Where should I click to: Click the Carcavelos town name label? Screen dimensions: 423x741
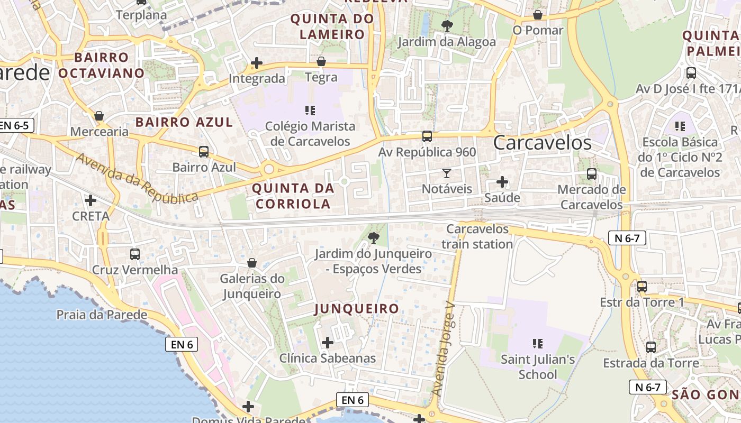(x=542, y=143)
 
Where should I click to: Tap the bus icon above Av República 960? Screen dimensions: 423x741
(x=427, y=136)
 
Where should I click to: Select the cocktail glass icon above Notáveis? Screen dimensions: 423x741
(x=446, y=173)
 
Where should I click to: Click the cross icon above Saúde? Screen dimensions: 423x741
(x=502, y=182)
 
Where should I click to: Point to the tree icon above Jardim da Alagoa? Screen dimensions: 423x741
(x=447, y=25)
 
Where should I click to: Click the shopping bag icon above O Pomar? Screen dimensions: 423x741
(x=538, y=15)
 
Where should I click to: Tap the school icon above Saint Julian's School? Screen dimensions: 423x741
(x=538, y=344)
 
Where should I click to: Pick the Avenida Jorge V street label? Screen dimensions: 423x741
(x=444, y=349)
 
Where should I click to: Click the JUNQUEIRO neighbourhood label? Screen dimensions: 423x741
(x=357, y=309)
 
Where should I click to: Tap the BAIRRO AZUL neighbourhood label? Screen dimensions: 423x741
(x=184, y=122)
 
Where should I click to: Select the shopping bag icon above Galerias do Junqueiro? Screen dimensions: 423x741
(x=252, y=263)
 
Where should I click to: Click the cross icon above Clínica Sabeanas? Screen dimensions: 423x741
(x=328, y=343)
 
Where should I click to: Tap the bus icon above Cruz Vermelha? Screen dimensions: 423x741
(x=135, y=254)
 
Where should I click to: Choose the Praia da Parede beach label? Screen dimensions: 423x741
(x=102, y=315)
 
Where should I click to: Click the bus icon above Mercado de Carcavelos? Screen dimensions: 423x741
(x=592, y=173)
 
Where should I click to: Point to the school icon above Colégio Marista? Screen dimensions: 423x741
(x=310, y=111)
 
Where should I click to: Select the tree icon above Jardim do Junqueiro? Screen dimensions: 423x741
(x=374, y=238)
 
